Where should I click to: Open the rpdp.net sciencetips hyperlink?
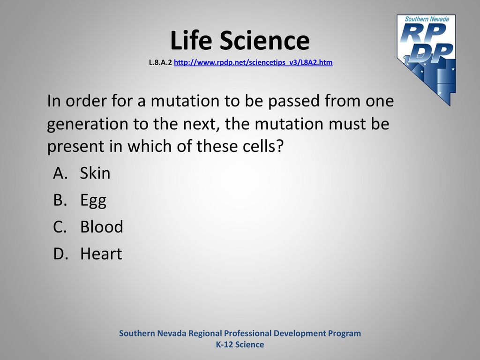pyautogui.click(x=253, y=62)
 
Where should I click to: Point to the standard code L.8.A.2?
pyautogui.click(x=160, y=62)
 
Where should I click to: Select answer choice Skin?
pyautogui.click(x=95, y=173)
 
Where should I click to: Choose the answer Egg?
pyautogui.click(x=93, y=201)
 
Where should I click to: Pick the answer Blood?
pyautogui.click(x=102, y=227)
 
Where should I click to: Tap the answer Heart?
pyautogui.click(x=101, y=254)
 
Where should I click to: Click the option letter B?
pyautogui.click(x=60, y=200)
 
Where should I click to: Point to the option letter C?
pyautogui.click(x=60, y=227)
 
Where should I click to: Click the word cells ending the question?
pyautogui.click(x=263, y=146)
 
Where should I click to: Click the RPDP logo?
pyautogui.click(x=427, y=60)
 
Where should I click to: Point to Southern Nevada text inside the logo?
pyautogui.click(x=427, y=19)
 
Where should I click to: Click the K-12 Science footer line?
pyautogui.click(x=240, y=345)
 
